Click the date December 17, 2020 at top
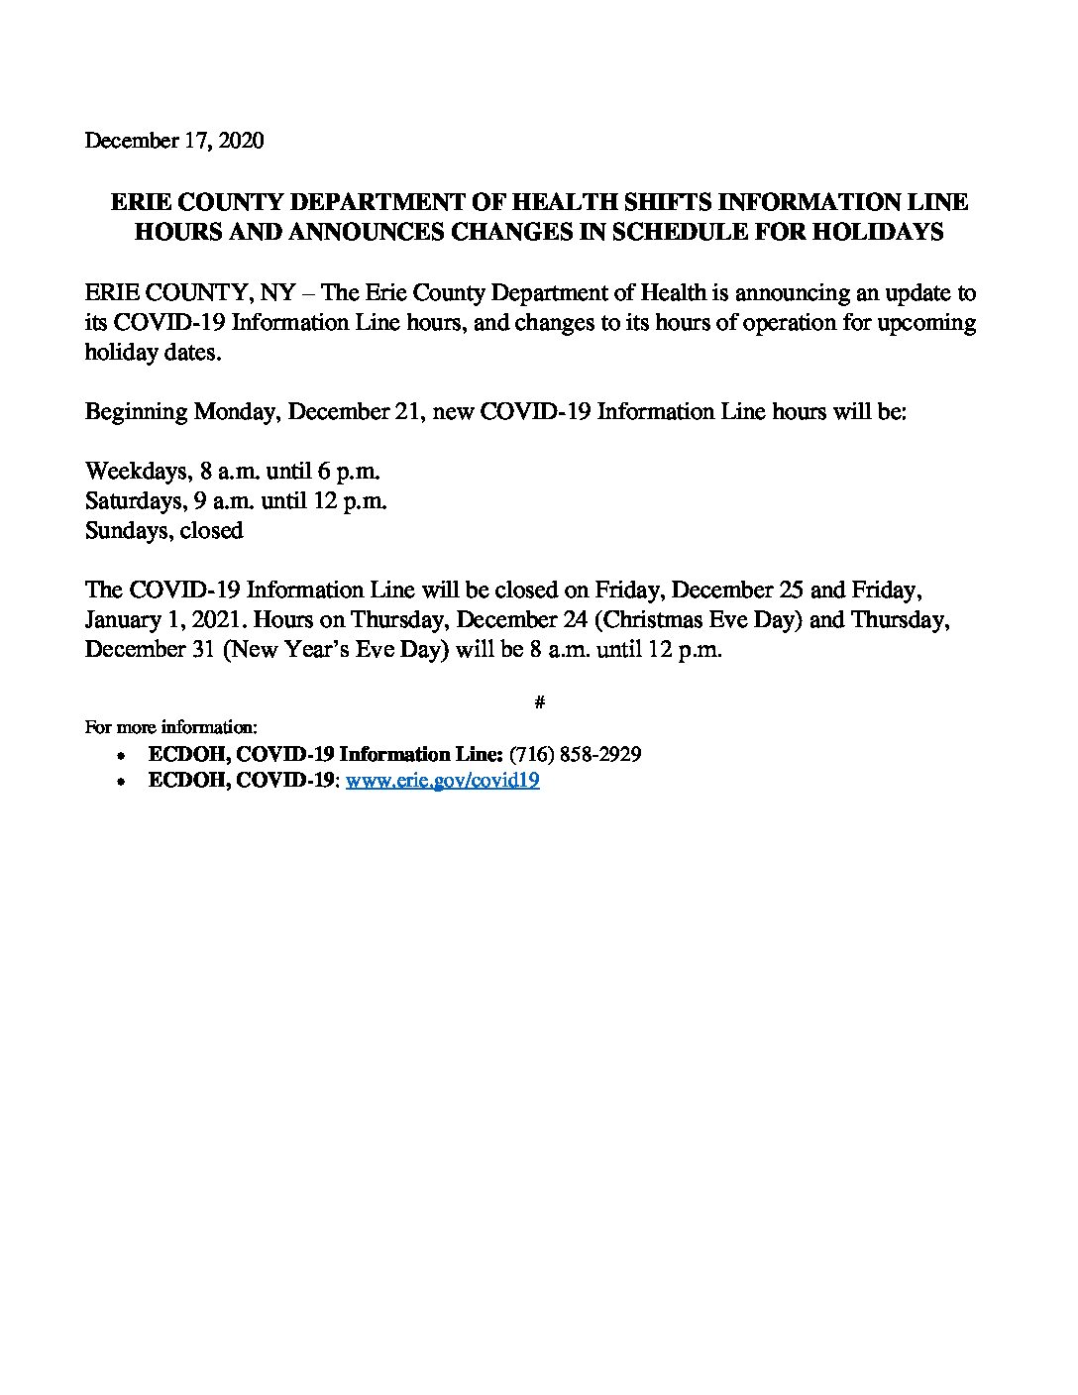[x=174, y=141]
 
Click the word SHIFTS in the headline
[x=669, y=203]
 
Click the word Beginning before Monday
[x=136, y=412]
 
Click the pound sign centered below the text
[x=539, y=702]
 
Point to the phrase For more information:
[x=171, y=727]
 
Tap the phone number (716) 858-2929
[x=575, y=754]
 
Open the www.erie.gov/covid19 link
[x=442, y=781]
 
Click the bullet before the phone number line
[x=121, y=755]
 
